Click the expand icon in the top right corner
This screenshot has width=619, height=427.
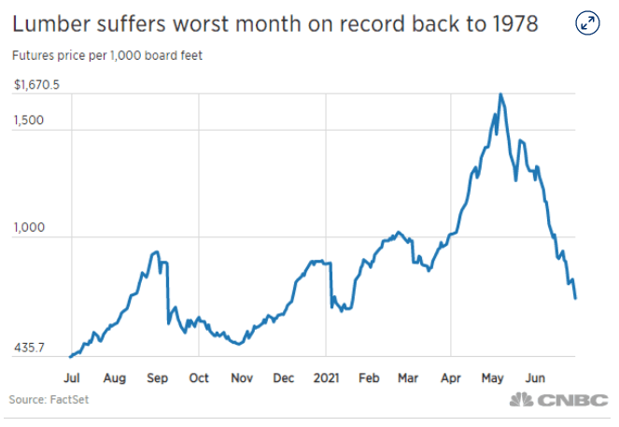coord(587,24)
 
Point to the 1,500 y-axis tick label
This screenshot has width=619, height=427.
coord(30,122)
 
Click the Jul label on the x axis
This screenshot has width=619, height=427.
coord(71,377)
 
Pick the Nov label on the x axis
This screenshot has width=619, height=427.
coord(241,377)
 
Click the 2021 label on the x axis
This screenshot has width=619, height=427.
coord(325,377)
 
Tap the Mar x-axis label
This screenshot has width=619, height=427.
coord(407,377)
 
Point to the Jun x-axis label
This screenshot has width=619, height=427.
coord(534,377)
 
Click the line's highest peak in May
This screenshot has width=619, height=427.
coord(501,94)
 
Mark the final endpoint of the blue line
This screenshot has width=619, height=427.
coord(576,298)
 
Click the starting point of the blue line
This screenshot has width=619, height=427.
coord(70,356)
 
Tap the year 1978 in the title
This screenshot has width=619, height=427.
coord(509,23)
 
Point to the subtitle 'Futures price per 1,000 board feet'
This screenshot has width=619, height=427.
coord(107,55)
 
